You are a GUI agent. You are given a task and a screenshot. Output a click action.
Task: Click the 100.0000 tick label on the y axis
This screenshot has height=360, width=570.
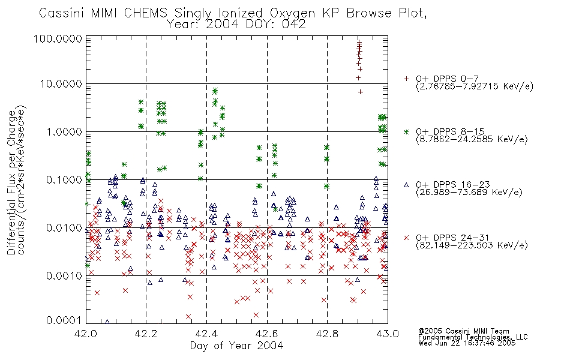(x=58, y=38)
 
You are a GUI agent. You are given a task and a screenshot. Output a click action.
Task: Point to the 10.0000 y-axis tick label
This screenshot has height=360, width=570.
(x=61, y=84)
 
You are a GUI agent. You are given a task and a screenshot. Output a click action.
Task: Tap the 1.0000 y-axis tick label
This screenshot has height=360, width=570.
(x=64, y=131)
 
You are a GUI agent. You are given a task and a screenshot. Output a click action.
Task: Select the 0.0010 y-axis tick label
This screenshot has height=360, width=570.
(x=64, y=275)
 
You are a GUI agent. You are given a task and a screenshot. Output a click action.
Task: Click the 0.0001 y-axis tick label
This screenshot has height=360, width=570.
(x=64, y=320)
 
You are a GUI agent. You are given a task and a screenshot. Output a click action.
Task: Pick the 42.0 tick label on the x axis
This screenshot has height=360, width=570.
(x=86, y=334)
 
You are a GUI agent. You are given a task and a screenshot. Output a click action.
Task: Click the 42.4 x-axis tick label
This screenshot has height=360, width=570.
(x=206, y=334)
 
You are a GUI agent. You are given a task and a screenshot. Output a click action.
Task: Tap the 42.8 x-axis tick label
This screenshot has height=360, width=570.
(x=327, y=334)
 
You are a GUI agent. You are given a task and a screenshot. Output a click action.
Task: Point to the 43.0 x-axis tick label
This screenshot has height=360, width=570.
(x=388, y=334)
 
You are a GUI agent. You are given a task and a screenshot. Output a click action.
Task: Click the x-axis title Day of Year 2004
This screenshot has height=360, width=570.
(x=236, y=346)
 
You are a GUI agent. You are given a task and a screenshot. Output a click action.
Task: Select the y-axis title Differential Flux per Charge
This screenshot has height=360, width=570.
(x=11, y=182)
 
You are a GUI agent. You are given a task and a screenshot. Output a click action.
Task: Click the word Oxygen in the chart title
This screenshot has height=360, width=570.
(x=292, y=13)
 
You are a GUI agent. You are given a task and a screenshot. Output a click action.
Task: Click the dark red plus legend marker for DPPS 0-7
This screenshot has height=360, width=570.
(x=407, y=79)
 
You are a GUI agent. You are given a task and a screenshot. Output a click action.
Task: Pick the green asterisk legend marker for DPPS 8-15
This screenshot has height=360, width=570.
(x=407, y=131)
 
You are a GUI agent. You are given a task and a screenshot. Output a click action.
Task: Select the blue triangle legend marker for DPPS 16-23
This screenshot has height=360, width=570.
(x=407, y=185)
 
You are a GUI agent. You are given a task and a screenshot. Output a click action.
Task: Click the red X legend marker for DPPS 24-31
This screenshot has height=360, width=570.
(x=407, y=238)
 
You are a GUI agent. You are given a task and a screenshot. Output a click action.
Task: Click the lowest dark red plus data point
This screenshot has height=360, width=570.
(x=360, y=92)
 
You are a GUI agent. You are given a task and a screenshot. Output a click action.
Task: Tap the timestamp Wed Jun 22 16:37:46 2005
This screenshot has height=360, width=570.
(x=467, y=343)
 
